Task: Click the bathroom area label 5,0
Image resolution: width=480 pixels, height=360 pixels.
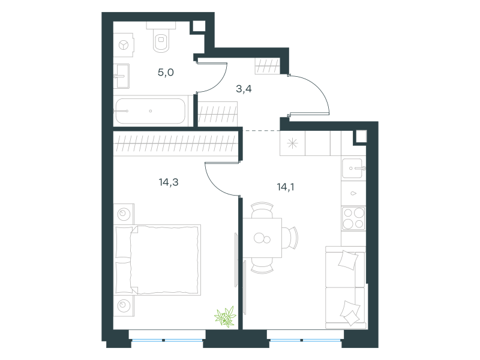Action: [166, 73]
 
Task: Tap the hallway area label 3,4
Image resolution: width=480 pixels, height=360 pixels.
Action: [244, 89]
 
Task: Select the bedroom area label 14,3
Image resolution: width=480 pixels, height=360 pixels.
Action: [169, 182]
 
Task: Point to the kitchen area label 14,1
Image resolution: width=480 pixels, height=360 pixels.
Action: [286, 187]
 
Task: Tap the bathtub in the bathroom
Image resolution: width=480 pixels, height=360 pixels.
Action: [151, 111]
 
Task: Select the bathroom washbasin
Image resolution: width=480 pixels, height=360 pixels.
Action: [122, 76]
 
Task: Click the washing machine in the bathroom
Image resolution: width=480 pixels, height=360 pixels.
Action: [124, 46]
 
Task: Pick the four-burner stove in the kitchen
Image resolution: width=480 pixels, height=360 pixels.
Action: [353, 218]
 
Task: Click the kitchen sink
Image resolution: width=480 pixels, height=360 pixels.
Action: [353, 168]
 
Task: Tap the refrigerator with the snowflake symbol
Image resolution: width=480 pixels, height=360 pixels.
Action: [292, 143]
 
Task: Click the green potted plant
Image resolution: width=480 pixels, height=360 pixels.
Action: [226, 317]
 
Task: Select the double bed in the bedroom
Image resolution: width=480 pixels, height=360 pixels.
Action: [157, 260]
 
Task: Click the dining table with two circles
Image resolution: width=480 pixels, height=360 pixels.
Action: [262, 238]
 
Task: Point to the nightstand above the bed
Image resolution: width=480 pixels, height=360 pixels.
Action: [124, 214]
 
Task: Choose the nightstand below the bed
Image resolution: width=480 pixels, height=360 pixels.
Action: [124, 305]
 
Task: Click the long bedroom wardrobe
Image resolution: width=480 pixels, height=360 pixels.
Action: [176, 143]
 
